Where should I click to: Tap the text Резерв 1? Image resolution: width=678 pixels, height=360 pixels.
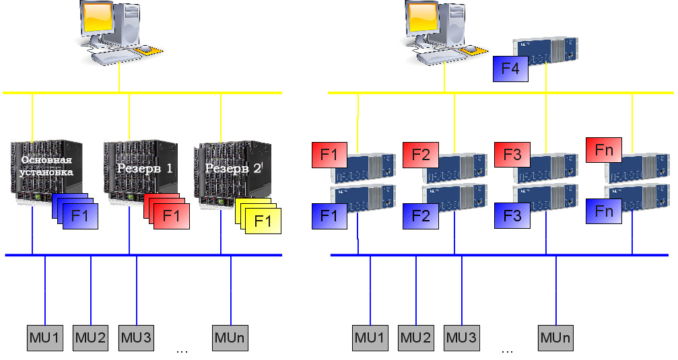[x=145, y=168]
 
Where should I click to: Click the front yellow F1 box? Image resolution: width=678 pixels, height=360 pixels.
[x=263, y=221]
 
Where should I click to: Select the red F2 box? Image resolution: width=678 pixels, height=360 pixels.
[x=421, y=155]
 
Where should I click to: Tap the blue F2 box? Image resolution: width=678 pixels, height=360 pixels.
[x=421, y=216]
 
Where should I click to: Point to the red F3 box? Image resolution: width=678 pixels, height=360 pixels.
[x=512, y=155]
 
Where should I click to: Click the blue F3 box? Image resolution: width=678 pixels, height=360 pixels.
[x=512, y=216]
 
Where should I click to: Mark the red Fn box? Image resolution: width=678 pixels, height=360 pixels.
[x=604, y=150]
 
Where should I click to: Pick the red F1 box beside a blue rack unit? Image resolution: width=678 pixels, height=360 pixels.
[x=329, y=155]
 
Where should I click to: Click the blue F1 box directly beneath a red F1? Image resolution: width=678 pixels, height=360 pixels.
[x=329, y=216]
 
